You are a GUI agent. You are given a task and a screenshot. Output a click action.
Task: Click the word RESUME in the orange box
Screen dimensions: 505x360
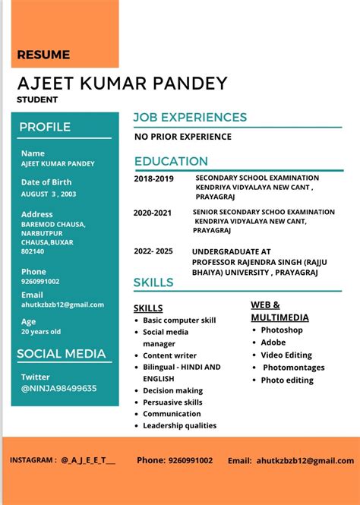(x=43, y=55)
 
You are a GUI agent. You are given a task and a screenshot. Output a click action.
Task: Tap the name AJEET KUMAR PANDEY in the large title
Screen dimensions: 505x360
(x=122, y=83)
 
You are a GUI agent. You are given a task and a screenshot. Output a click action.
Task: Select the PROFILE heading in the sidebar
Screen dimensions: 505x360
(x=45, y=127)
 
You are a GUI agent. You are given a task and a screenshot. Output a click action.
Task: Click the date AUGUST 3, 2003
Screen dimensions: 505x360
(x=49, y=194)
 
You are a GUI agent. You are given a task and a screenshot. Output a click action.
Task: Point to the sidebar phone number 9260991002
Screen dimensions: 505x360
(x=40, y=282)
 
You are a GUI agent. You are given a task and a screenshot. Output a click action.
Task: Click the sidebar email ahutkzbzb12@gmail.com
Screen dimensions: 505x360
(x=62, y=305)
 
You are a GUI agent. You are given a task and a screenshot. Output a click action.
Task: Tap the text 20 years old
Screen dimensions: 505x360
(x=41, y=332)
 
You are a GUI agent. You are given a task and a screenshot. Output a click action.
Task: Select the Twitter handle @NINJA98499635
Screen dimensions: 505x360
(x=58, y=388)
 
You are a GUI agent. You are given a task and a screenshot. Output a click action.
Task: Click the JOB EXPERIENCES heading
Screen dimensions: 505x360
(x=190, y=117)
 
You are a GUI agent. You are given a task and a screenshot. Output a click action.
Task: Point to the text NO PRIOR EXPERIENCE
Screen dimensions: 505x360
(x=183, y=137)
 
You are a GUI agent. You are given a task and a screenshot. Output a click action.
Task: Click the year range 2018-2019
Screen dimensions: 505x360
(x=153, y=178)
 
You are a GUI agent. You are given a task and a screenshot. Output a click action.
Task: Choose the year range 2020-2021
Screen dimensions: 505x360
(x=153, y=213)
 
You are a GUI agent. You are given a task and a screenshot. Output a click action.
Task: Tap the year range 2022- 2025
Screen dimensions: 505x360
(x=153, y=251)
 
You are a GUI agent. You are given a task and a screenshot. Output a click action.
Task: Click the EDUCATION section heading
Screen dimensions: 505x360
(x=171, y=161)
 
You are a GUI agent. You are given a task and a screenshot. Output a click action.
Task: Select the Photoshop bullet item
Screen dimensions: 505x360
(x=281, y=330)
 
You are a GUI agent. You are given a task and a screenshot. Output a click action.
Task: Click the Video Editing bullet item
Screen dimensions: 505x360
(x=286, y=355)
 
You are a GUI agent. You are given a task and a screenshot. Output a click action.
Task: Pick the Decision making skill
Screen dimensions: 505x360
(x=172, y=390)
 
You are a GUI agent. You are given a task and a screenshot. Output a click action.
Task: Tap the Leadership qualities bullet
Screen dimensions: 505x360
(x=179, y=425)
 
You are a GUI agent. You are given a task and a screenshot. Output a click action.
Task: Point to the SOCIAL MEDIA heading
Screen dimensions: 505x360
(x=62, y=353)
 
